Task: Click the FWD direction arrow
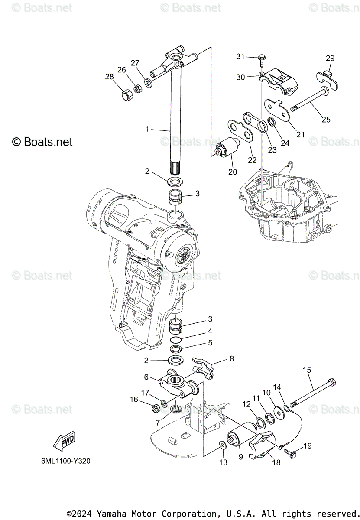click(64, 441)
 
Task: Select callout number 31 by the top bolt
click(240, 56)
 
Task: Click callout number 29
click(330, 58)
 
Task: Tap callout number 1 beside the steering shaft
click(147, 129)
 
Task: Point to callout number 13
click(223, 462)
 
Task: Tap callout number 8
click(232, 358)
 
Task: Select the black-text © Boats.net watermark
click(42, 142)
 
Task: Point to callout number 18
click(276, 462)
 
